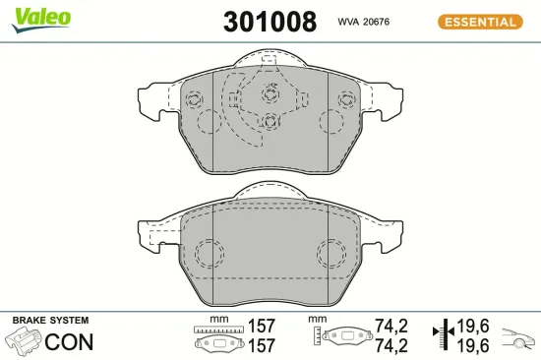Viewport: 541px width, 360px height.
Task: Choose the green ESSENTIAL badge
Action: [479, 21]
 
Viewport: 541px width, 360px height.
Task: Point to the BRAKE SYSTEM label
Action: [50, 321]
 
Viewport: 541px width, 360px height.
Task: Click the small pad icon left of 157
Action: [219, 345]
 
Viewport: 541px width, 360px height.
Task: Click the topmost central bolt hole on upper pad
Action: [270, 96]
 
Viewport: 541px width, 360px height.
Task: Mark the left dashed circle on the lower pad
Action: [208, 254]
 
